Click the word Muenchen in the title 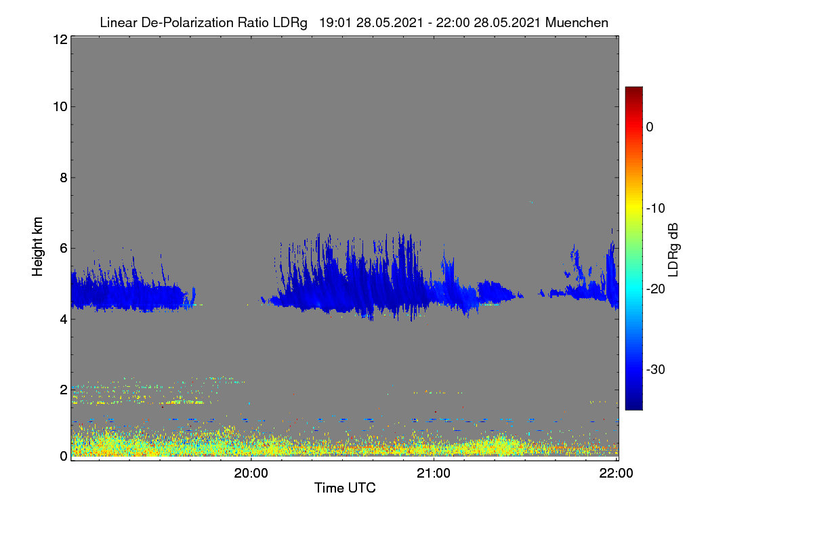click(577, 23)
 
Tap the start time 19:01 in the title click(335, 23)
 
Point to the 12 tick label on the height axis click(60, 39)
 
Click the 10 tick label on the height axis click(60, 107)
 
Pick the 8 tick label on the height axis click(64, 178)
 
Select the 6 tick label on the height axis click(64, 249)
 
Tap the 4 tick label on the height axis click(64, 320)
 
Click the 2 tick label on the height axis click(64, 390)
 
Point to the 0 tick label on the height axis click(64, 457)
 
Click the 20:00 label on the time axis click(251, 474)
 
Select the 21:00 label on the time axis click(434, 474)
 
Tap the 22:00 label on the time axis click(616, 474)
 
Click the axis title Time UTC click(345, 488)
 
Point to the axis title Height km click(37, 247)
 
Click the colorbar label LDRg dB click(673, 250)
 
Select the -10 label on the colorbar click(656, 209)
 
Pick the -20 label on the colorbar click(656, 289)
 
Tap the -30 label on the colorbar click(656, 369)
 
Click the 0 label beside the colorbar click(650, 127)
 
